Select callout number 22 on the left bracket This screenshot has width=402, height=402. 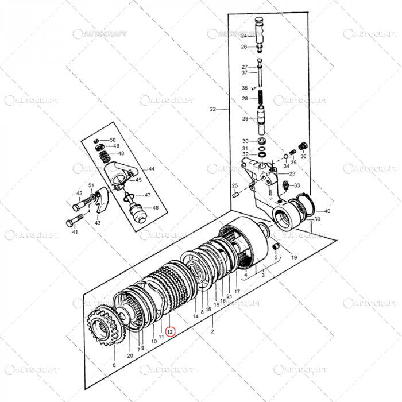tap(213, 109)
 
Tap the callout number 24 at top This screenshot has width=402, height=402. tap(244, 36)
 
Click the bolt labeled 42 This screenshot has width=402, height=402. tap(88, 203)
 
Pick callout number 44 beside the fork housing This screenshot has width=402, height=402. tap(152, 169)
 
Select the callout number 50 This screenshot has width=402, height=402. tap(113, 140)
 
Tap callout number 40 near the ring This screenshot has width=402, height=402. tap(327, 211)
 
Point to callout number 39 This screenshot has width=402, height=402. tap(317, 219)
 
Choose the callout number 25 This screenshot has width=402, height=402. tap(234, 185)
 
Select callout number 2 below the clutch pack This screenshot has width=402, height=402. tap(212, 332)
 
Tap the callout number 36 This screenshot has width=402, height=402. tap(304, 156)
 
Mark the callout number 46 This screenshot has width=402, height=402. tap(155, 208)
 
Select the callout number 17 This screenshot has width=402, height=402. tap(237, 292)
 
